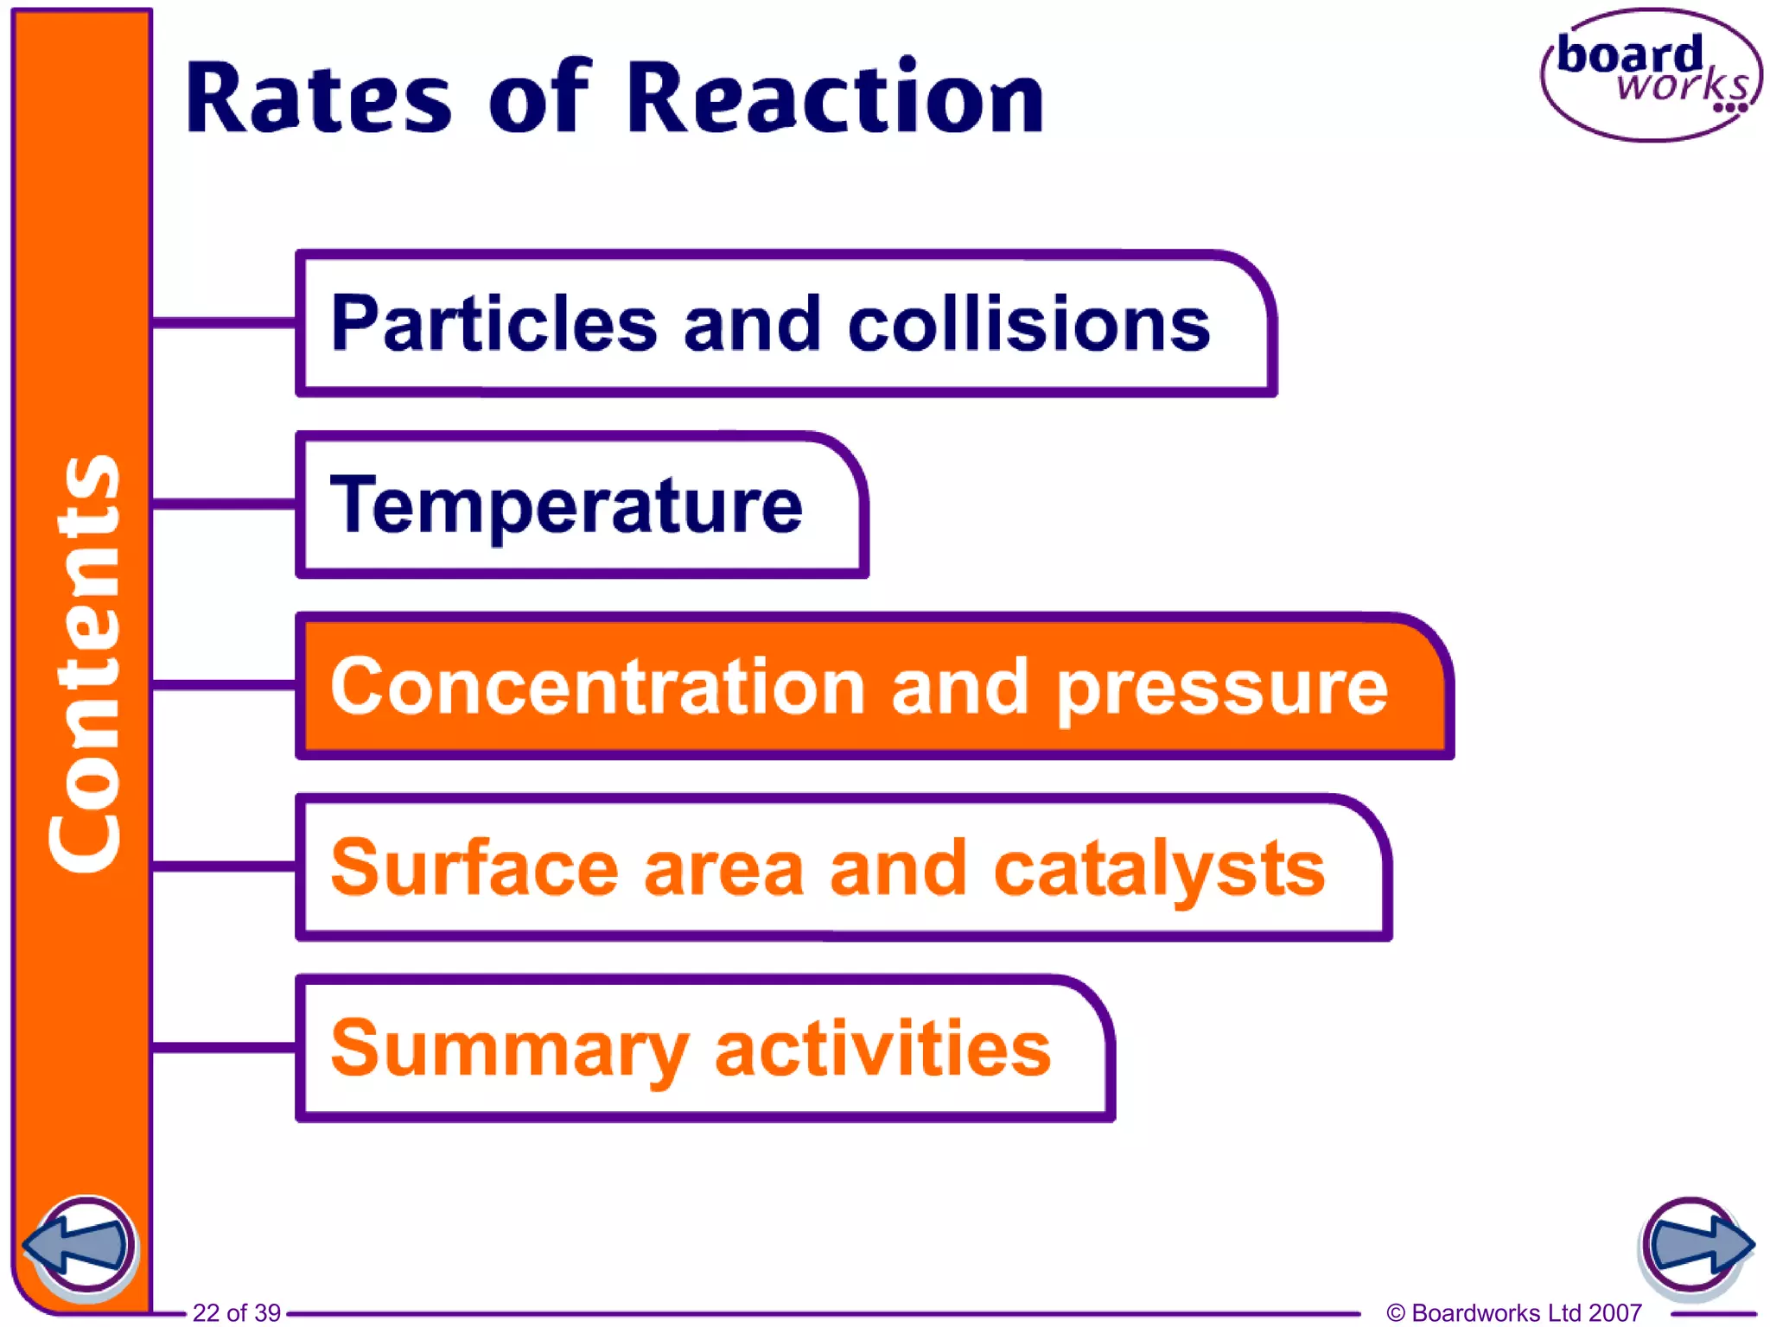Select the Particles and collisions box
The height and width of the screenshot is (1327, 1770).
785,324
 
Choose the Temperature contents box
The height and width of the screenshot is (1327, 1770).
581,505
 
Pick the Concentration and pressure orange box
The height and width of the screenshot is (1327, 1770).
873,687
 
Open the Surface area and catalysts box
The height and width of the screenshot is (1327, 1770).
843,867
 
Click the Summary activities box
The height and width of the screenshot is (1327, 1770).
704,1048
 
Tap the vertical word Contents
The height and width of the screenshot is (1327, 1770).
85,663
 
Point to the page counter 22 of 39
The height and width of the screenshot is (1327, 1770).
236,1312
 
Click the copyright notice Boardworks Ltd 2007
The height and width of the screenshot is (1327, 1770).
1513,1312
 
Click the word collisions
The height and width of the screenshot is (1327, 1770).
1029,324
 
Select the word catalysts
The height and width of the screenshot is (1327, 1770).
1159,869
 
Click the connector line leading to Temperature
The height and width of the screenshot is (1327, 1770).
224,504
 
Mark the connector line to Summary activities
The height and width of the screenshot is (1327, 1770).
224,1047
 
